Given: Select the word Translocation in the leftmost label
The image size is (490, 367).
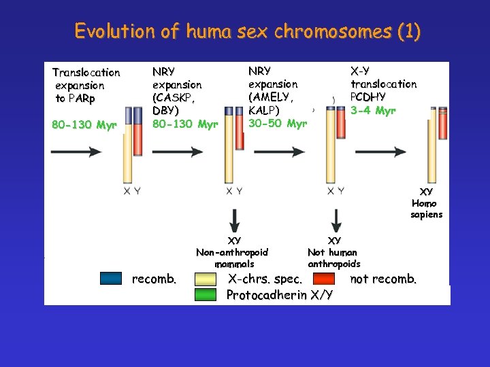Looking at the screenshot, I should (x=86, y=72).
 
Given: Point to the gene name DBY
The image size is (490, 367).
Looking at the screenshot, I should (x=166, y=111).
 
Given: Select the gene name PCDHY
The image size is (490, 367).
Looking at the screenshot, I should (x=368, y=97).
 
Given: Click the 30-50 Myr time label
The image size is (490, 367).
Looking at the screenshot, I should (x=278, y=123).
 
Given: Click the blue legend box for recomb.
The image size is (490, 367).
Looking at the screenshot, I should (x=110, y=278).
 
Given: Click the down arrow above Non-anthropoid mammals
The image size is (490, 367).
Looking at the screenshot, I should (x=234, y=220).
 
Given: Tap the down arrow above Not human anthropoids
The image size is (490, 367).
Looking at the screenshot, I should (x=335, y=220).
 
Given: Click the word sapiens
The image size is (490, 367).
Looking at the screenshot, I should (x=426, y=215).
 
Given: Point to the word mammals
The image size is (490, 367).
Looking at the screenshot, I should (x=234, y=264).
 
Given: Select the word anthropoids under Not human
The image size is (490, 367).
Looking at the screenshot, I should (x=333, y=264).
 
